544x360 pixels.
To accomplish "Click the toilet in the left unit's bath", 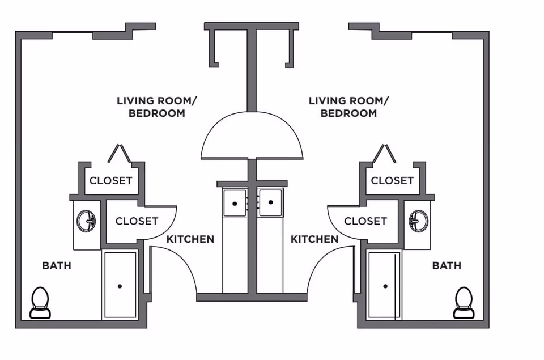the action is click(x=40, y=303).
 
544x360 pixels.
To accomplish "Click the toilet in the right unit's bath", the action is click(x=464, y=303).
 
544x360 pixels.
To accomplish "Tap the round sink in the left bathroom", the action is click(x=86, y=221).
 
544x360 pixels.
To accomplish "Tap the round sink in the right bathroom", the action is click(x=418, y=221).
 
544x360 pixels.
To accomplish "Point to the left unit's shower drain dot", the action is click(x=120, y=286).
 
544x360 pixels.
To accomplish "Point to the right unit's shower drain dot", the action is click(x=385, y=286).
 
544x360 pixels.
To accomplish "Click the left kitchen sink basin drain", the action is click(x=235, y=204).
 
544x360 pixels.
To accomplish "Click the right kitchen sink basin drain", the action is click(x=271, y=202).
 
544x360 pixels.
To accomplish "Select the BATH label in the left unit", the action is click(x=57, y=265).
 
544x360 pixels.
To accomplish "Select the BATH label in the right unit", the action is click(x=447, y=265).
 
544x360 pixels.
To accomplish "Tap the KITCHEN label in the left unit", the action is click(x=190, y=239).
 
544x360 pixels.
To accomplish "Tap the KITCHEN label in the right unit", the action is click(x=314, y=239).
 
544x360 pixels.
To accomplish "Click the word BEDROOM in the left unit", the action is click(x=157, y=113).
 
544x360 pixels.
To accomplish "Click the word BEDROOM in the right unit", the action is click(x=348, y=113).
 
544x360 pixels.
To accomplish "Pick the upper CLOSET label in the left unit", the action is click(x=110, y=180).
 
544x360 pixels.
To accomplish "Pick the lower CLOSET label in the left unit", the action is click(x=137, y=221).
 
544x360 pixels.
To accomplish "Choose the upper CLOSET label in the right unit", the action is click(x=392, y=180).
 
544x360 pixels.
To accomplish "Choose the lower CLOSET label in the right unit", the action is click(x=365, y=221).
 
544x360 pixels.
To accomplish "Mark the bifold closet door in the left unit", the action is click(x=119, y=154).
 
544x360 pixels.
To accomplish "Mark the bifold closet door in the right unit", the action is click(x=384, y=154).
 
